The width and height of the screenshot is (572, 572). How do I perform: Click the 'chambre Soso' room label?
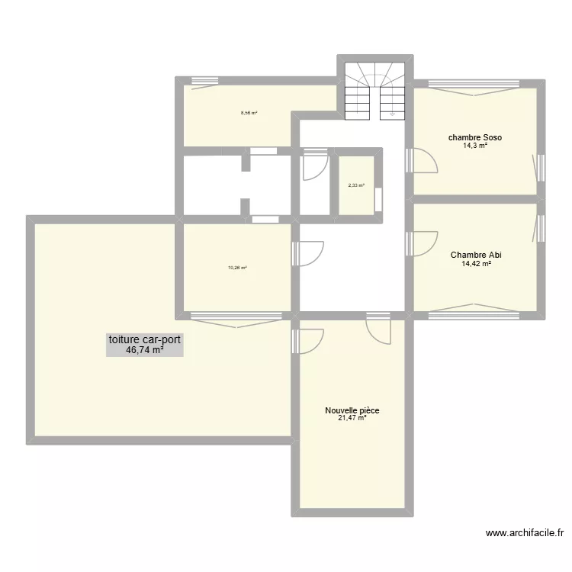474,137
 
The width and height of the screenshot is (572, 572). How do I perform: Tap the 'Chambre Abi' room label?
475,255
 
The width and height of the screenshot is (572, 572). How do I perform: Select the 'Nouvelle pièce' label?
352,410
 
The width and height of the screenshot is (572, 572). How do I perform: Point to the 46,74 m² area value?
145,351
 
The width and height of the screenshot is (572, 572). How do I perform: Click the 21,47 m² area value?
352,418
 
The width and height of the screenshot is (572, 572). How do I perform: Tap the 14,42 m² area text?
475,264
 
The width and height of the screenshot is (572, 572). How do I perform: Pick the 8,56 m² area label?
249,113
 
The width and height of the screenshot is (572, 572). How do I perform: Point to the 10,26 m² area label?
237,268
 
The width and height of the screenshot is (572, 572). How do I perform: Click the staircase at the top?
374,92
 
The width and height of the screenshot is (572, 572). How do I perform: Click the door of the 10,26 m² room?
307,254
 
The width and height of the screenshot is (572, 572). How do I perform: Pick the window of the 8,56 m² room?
204,82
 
